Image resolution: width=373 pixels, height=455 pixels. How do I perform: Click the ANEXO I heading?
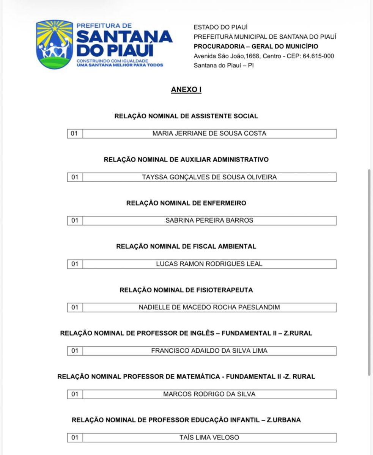click(186, 90)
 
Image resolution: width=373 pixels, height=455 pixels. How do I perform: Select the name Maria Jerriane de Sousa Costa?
click(209, 133)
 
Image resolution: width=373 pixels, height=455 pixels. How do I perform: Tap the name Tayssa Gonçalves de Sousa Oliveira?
click(209, 177)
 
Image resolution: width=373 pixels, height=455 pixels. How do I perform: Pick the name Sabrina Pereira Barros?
click(209, 220)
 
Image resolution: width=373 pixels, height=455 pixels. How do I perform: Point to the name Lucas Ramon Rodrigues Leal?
click(209, 264)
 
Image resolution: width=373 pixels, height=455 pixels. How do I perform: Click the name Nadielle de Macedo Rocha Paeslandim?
click(209, 307)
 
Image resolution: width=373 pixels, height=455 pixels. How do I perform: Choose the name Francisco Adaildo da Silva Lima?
click(209, 351)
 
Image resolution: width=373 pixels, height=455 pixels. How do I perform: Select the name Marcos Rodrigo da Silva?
click(209, 394)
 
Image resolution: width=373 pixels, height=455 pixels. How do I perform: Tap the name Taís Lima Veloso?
click(209, 438)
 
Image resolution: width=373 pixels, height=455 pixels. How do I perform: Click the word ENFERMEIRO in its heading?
click(224, 203)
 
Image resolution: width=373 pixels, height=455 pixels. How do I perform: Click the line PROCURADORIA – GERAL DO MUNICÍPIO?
click(256, 47)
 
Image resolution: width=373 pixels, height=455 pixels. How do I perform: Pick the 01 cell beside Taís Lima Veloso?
click(75, 438)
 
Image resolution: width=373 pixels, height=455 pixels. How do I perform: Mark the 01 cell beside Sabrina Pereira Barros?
click(75, 220)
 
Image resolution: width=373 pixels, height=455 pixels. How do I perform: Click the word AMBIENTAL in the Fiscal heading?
click(237, 246)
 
